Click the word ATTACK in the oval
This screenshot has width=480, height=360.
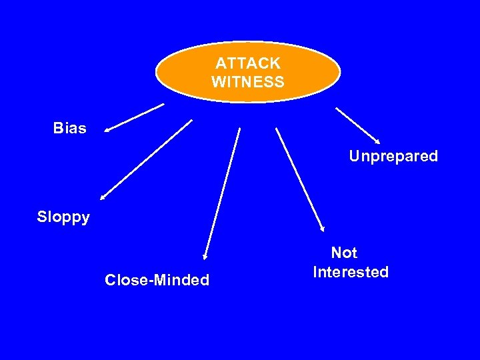point(248,63)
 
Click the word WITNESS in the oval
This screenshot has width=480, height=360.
point(248,82)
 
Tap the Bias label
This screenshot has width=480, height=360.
point(70,128)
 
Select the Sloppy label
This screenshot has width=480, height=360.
point(63,217)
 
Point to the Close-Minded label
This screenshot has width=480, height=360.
point(157,280)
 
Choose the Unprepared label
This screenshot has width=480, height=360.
point(393,157)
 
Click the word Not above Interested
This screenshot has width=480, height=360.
point(344,253)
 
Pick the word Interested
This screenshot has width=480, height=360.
point(351,272)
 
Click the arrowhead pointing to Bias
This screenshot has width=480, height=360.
point(107,131)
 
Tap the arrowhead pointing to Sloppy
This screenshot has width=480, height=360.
point(103,197)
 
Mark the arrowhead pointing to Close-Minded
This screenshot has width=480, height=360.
point(205,256)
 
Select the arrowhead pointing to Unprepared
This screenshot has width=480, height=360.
point(377,141)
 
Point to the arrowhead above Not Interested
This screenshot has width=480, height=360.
point(322,229)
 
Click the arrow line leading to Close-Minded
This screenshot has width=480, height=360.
point(222,192)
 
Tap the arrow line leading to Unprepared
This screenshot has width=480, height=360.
point(357,125)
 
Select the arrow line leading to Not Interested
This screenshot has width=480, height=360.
point(299,179)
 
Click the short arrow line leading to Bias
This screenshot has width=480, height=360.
point(135,117)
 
